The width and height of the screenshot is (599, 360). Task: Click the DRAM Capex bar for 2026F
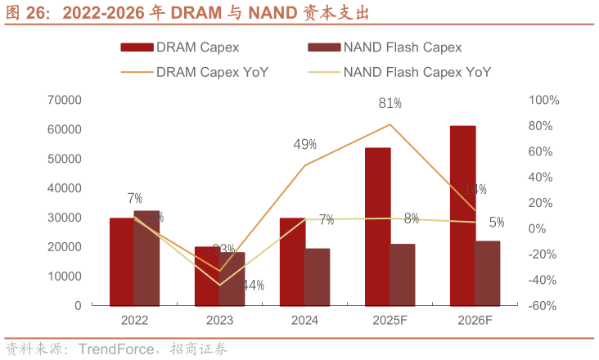462,216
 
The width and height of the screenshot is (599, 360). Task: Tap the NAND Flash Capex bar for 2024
318,277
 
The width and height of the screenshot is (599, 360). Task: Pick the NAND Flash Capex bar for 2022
147,258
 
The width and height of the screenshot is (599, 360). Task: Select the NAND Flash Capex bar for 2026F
488,272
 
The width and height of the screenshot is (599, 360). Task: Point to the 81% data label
390,103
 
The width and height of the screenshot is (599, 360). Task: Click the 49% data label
305,145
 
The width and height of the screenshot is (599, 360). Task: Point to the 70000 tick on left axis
65,100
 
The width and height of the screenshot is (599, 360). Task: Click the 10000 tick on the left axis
65,277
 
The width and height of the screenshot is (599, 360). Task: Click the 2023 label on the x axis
219,322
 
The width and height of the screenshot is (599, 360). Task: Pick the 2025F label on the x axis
390,322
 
